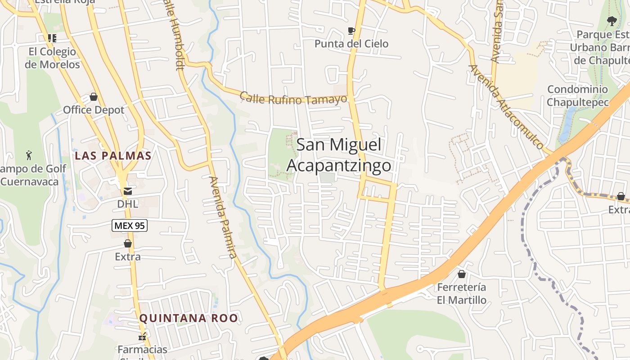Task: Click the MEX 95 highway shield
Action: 130,225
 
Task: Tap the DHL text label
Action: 127,204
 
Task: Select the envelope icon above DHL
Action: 128,191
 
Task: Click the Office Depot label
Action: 94,110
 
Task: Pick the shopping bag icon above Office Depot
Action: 94,97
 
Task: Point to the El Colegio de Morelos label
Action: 52,58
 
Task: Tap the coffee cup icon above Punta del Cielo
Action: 351,31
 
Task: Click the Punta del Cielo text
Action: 351,44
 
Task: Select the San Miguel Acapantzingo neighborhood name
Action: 339,155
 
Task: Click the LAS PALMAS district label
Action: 113,156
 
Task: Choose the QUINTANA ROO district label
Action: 188,318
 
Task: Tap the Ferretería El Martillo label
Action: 462,293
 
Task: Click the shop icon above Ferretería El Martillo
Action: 462,274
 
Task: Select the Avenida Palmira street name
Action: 222,217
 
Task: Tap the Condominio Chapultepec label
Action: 577,96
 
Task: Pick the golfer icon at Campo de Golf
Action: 29,156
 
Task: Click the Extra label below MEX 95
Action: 128,256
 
